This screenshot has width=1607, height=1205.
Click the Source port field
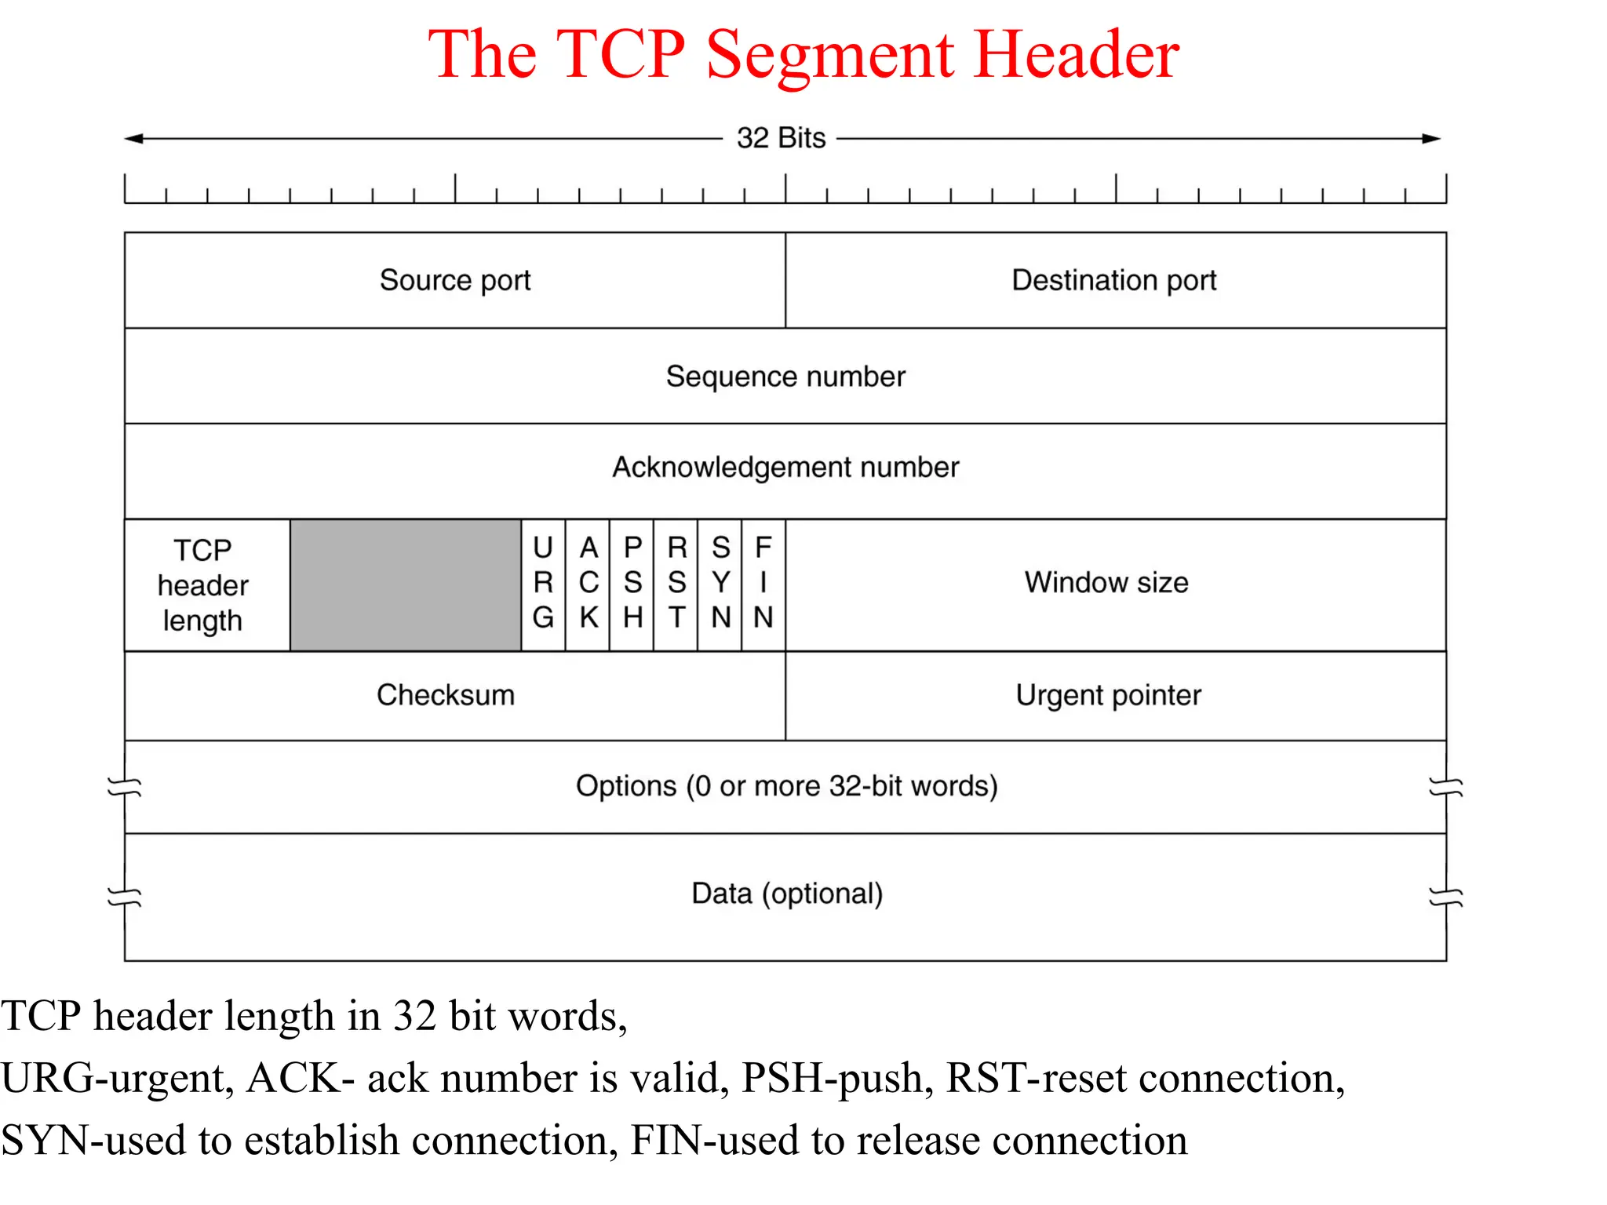455,280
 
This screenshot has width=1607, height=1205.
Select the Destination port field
1114,280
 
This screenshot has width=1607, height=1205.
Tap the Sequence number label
785,377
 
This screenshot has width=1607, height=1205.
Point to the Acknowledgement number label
785,468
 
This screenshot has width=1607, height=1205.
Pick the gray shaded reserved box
406,585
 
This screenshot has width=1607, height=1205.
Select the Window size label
1106,583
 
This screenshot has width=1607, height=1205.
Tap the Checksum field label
446,695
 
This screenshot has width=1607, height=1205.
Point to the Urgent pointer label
1108,695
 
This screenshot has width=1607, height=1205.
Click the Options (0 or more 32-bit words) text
786,786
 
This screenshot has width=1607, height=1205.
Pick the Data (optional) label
787,894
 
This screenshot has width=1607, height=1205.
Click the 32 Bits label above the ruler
781,138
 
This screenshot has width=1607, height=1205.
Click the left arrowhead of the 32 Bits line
133,139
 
